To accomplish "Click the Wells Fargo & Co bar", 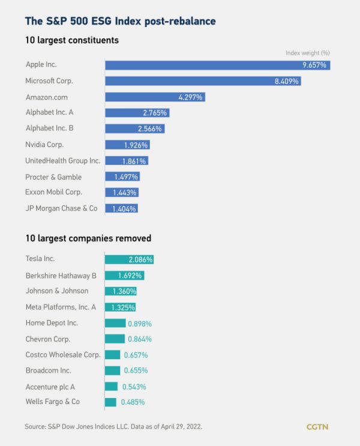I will pos(110,402).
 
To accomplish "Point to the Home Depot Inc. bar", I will pos(115,323).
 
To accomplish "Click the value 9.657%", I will pos(314,65).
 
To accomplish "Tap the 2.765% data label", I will pos(155,113).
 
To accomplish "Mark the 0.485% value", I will pos(133,402).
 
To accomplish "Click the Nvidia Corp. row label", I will pos(44,145).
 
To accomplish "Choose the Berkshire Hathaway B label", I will pos(61,275).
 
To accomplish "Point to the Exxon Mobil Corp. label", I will pos(53,192).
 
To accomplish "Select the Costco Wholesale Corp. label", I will pos(62,354).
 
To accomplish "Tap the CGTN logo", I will pos(317,427).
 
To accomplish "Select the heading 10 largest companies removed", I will pos(88,238).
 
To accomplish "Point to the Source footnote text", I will pos(113,426).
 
